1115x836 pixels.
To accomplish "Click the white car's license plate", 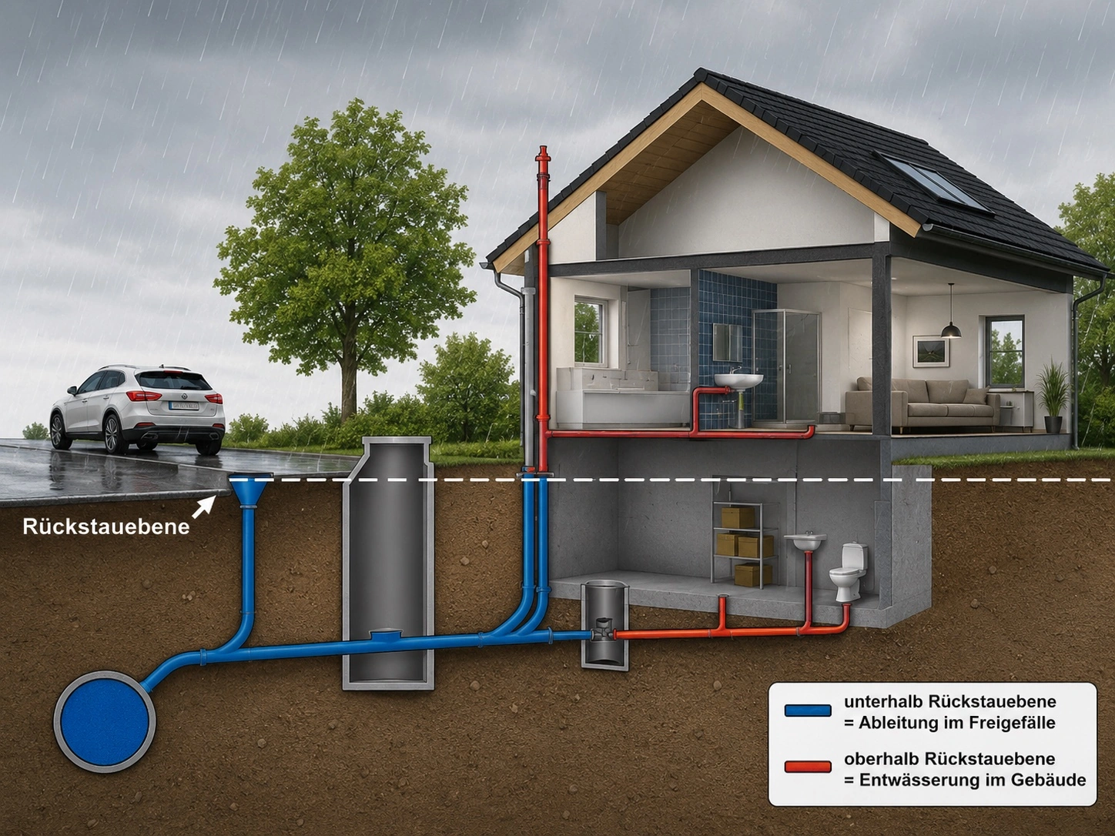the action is coord(184,405).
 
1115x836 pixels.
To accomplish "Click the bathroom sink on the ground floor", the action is coord(738,380).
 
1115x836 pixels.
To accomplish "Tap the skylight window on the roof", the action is coord(933,182).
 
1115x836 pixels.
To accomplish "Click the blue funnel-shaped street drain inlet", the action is coord(249,492).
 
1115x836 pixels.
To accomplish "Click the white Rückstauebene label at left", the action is coord(106,527).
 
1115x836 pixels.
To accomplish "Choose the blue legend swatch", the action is coord(807,710).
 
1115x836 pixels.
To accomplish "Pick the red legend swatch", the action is coord(807,767).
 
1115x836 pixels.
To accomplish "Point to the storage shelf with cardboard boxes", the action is coord(745,544).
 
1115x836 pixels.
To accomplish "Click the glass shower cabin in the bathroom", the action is coord(786,366).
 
